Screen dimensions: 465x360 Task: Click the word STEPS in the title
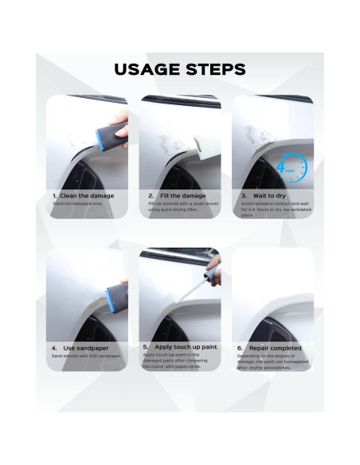[x=213, y=69]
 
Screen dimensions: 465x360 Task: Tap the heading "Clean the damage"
[x=87, y=195]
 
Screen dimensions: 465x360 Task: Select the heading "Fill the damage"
[x=182, y=195]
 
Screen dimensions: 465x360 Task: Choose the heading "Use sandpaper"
[x=84, y=347]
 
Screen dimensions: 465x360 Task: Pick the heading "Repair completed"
[x=274, y=348]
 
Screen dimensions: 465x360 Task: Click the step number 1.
[x=54, y=195]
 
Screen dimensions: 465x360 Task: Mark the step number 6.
[x=239, y=348]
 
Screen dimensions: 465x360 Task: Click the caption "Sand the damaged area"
[x=77, y=205]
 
